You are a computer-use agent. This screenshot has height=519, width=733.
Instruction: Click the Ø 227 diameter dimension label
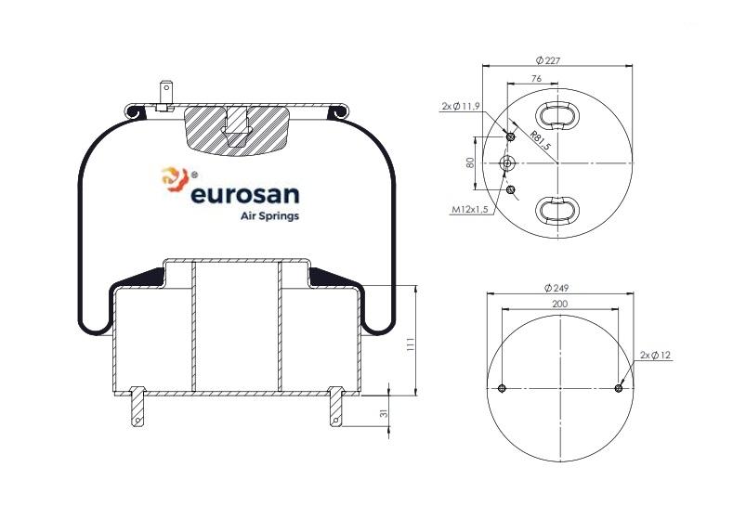[547, 60]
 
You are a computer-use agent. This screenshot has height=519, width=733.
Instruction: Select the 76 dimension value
[537, 79]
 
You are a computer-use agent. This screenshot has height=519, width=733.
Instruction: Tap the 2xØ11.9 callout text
[461, 107]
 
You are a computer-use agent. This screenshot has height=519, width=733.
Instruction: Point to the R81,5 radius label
[541, 140]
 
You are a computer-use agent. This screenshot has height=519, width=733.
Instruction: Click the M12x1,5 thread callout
[469, 210]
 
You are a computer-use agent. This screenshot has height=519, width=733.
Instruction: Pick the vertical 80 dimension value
[470, 162]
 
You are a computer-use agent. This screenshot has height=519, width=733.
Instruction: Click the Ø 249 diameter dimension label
[556, 288]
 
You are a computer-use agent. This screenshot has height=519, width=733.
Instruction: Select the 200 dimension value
[559, 305]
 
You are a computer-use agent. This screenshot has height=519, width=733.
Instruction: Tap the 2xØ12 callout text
[655, 355]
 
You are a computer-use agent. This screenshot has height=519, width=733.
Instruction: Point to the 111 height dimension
[411, 344]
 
